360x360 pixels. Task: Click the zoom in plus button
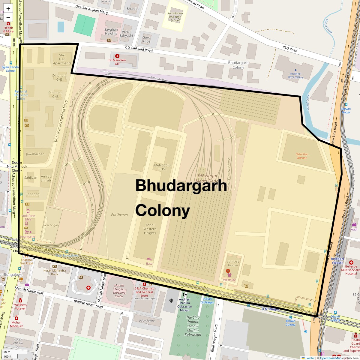click(x=8, y=9)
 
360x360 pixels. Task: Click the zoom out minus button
click(x=8, y=18)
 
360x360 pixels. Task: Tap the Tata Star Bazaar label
click(x=302, y=156)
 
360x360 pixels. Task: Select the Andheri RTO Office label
click(x=295, y=75)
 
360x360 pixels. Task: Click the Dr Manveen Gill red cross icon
click(x=117, y=56)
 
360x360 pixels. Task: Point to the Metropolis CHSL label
click(x=162, y=167)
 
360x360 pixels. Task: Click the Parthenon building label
click(x=119, y=214)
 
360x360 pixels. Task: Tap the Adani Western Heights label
click(x=150, y=229)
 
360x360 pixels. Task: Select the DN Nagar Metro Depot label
click(x=207, y=178)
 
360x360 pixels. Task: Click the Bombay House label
click(x=232, y=263)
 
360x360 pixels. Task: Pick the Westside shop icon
click(x=229, y=275)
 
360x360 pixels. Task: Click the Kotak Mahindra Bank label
click(x=54, y=272)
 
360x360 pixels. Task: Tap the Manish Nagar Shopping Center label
click(x=119, y=291)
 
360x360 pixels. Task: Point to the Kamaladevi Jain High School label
click(x=175, y=17)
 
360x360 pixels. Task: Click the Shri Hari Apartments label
click(x=62, y=59)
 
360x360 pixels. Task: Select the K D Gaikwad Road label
click(x=139, y=49)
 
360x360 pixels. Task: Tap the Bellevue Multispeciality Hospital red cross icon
click(x=351, y=262)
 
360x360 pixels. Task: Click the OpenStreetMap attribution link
click(x=330, y=358)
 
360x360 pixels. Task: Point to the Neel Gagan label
click(x=51, y=225)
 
